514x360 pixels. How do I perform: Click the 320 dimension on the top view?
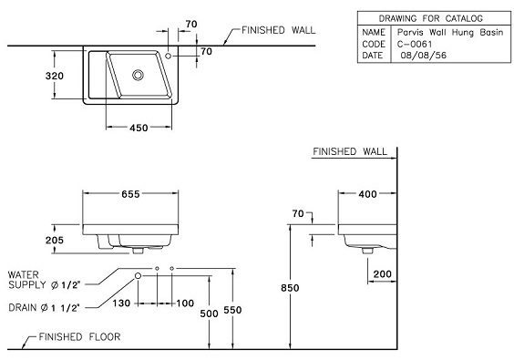[55, 76]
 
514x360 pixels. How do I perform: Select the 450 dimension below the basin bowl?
[138, 128]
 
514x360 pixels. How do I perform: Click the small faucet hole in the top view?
[170, 57]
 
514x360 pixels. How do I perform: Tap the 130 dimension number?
[128, 303]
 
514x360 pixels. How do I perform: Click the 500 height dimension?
[210, 313]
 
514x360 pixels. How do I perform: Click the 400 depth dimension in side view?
[369, 194]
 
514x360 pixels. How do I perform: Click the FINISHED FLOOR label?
[81, 337]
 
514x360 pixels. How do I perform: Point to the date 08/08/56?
[420, 54]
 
